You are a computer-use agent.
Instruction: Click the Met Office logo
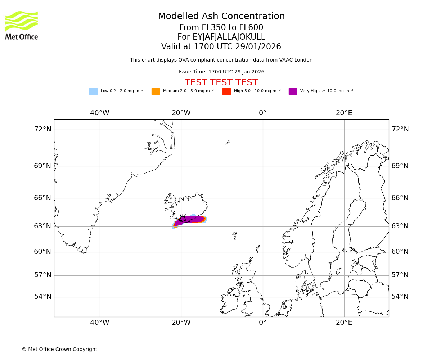[22, 25]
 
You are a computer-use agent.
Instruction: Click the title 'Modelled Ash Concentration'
[221, 16]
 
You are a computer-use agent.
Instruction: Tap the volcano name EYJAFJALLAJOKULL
[221, 37]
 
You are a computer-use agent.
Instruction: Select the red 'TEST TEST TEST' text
[221, 82]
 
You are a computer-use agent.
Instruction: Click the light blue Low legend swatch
[93, 91]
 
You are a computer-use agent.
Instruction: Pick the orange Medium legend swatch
[156, 91]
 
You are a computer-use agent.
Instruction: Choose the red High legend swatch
[226, 91]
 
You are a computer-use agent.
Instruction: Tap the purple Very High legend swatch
[293, 91]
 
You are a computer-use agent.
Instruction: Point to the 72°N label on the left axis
[42, 129]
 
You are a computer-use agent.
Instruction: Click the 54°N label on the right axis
[400, 297]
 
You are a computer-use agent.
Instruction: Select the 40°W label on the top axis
[100, 113]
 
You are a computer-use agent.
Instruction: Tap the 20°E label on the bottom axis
[344, 323]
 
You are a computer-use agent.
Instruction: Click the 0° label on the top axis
[263, 113]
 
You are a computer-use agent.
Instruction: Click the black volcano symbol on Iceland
[183, 218]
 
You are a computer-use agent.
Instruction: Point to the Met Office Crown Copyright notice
[59, 349]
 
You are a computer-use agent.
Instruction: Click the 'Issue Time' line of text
[221, 72]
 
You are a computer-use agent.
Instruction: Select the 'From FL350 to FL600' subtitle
[221, 28]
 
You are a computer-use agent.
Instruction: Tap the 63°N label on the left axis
[42, 226]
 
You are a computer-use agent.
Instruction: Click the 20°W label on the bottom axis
[181, 323]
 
